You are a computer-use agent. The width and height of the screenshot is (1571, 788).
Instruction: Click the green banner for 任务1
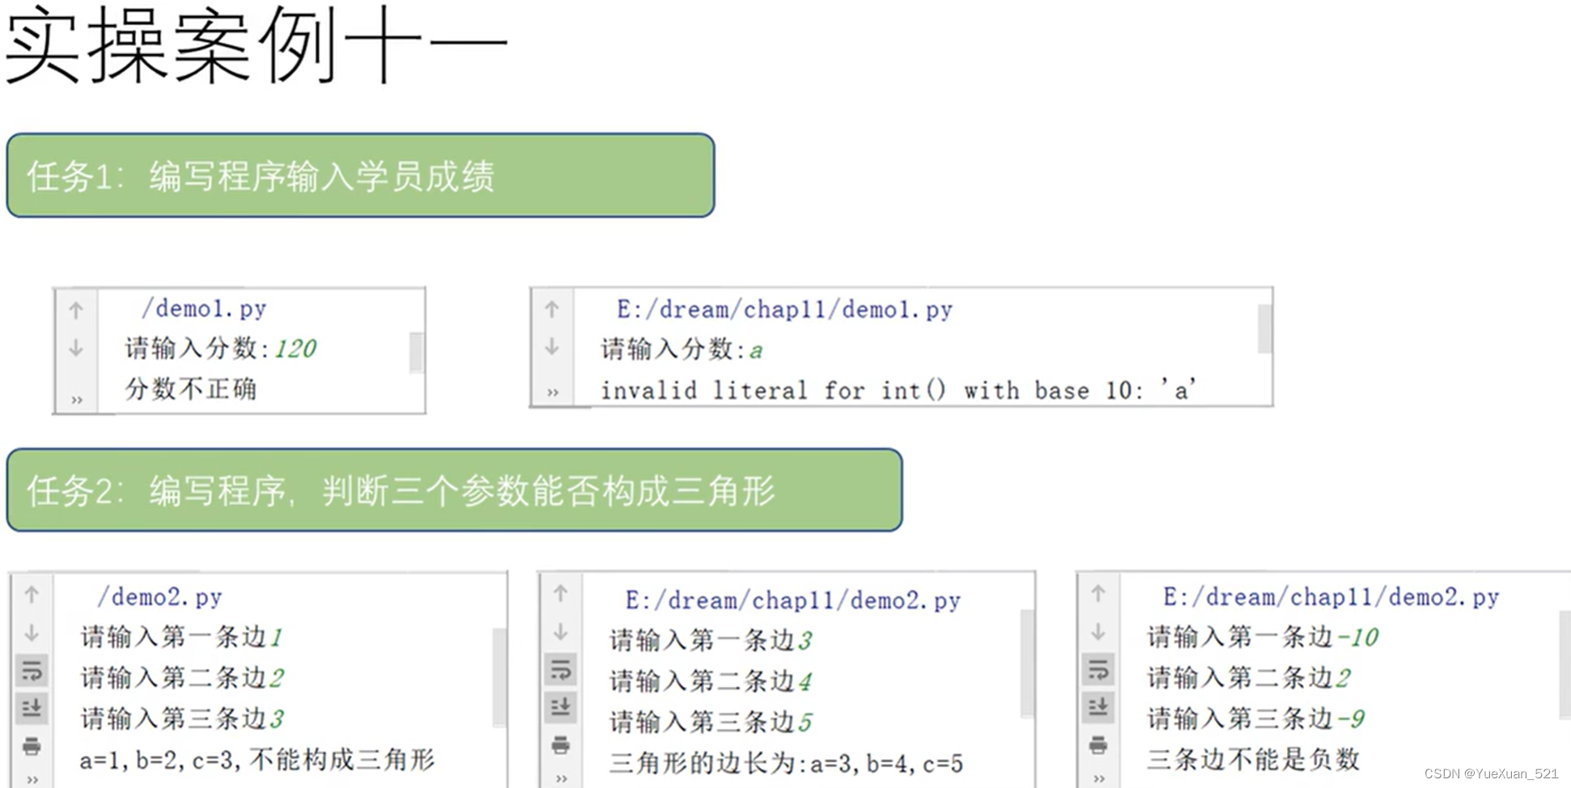point(360,176)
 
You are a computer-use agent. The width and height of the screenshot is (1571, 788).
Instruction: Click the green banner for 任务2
point(454,490)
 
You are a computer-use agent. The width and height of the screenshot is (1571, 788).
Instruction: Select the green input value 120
point(295,349)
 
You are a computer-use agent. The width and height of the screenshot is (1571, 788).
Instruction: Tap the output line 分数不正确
point(190,389)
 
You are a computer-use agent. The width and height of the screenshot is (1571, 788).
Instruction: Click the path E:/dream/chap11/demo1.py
point(783,310)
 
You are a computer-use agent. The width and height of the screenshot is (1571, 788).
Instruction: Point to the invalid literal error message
point(898,391)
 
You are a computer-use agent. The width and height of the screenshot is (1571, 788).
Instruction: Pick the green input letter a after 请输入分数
point(756,350)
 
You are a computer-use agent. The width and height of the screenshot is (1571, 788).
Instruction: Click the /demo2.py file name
point(159,597)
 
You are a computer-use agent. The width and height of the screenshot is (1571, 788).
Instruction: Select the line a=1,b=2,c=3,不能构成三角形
point(257,760)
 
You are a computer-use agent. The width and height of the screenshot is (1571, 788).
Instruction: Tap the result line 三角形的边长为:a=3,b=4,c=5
point(786,763)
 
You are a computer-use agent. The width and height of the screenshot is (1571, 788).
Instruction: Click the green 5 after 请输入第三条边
point(805,722)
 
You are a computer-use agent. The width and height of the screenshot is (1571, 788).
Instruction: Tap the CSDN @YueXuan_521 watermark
point(1491,773)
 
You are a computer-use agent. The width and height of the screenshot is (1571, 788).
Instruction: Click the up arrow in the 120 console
point(76,310)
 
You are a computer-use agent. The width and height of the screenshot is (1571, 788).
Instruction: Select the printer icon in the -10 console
point(1098,744)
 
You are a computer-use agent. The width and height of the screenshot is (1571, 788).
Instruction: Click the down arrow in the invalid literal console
point(552,347)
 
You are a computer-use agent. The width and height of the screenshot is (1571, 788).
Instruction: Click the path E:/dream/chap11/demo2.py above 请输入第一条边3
point(792,601)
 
